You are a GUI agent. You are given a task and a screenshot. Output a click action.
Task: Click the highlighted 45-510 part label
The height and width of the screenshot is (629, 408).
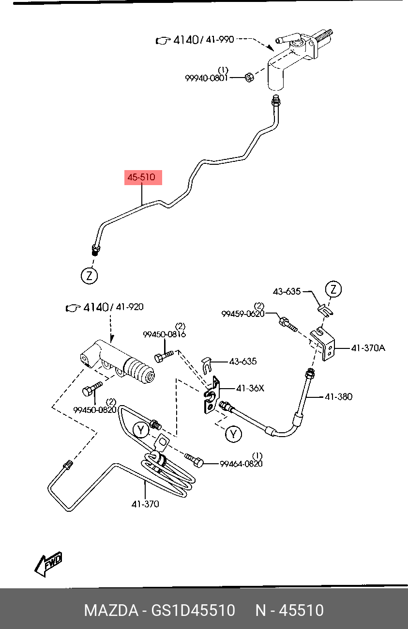(143, 177)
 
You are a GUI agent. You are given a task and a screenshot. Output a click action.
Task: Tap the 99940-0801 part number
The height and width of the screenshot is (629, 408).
(206, 78)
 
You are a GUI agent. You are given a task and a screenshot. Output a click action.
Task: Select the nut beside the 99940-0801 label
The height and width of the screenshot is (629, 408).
(249, 77)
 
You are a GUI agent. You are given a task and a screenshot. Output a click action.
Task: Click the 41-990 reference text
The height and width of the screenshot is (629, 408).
(220, 39)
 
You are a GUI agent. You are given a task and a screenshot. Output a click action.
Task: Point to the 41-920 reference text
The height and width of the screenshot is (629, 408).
(130, 307)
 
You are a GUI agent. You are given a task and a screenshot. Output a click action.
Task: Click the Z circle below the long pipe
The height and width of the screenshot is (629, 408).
(90, 276)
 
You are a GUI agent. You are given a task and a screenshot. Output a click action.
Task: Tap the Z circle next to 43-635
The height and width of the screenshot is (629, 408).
(333, 289)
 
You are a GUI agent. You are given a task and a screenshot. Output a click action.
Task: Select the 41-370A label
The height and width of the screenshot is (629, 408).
(368, 348)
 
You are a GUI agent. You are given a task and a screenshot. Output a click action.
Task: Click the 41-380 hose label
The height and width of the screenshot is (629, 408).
(338, 397)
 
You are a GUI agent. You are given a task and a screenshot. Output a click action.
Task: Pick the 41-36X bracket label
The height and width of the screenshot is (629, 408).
(250, 388)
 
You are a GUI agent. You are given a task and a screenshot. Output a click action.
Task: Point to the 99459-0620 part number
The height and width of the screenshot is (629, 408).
(243, 314)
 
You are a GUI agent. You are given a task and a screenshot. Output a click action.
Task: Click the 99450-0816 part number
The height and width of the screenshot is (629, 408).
(165, 334)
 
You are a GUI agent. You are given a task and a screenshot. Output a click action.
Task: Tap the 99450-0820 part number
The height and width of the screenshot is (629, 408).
(95, 409)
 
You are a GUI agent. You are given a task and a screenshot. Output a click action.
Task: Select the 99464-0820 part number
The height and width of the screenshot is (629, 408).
(241, 464)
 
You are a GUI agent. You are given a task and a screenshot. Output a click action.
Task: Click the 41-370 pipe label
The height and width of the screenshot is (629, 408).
(145, 504)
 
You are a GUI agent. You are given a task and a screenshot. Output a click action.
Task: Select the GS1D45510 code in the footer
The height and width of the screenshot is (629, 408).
(193, 610)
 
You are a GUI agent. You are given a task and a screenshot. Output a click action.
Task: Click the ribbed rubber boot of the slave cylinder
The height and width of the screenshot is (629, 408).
(139, 371)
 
